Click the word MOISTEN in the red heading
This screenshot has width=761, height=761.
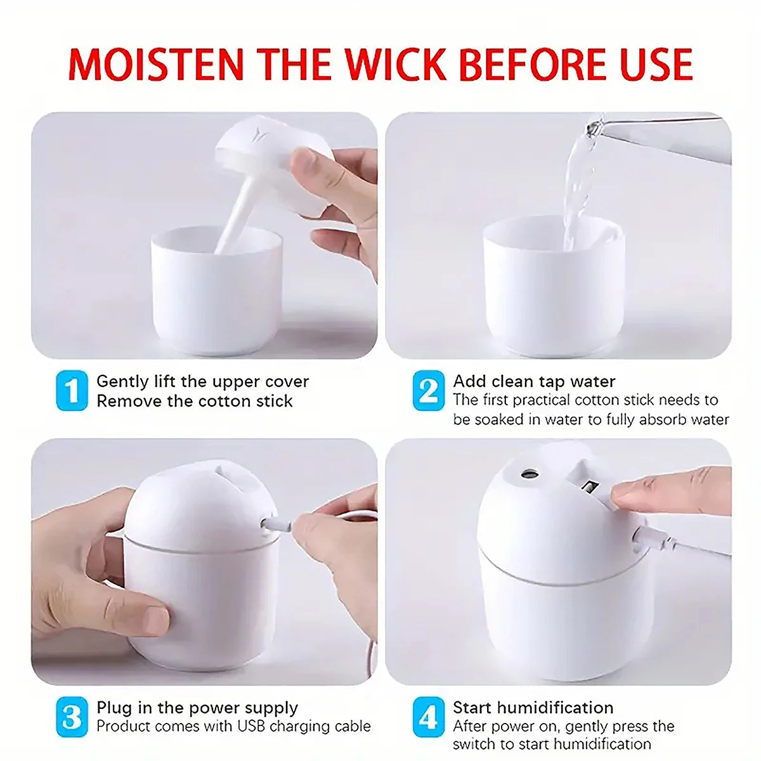[x=156, y=63]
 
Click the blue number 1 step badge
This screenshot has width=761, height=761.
[x=72, y=391]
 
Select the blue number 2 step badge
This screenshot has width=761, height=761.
[x=429, y=391]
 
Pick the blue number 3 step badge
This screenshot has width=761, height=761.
[x=72, y=717]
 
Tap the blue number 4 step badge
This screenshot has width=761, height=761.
[x=429, y=717]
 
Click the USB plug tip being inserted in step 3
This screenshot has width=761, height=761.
[x=270, y=524]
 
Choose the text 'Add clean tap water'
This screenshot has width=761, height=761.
[x=534, y=382]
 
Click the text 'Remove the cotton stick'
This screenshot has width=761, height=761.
[x=194, y=401]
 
